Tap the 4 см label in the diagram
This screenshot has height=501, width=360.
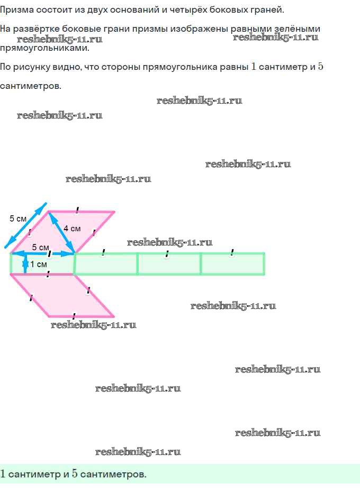tap(72, 229)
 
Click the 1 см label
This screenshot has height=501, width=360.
tap(39, 264)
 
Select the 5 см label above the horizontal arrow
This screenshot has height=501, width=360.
tap(40, 248)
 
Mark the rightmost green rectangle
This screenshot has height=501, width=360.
tap(233, 264)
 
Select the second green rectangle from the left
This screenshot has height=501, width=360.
tap(105, 264)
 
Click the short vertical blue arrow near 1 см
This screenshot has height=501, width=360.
tap(25, 263)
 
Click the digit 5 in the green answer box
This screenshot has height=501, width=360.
tap(75, 474)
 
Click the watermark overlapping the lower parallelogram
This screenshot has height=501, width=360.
tap(93, 325)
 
